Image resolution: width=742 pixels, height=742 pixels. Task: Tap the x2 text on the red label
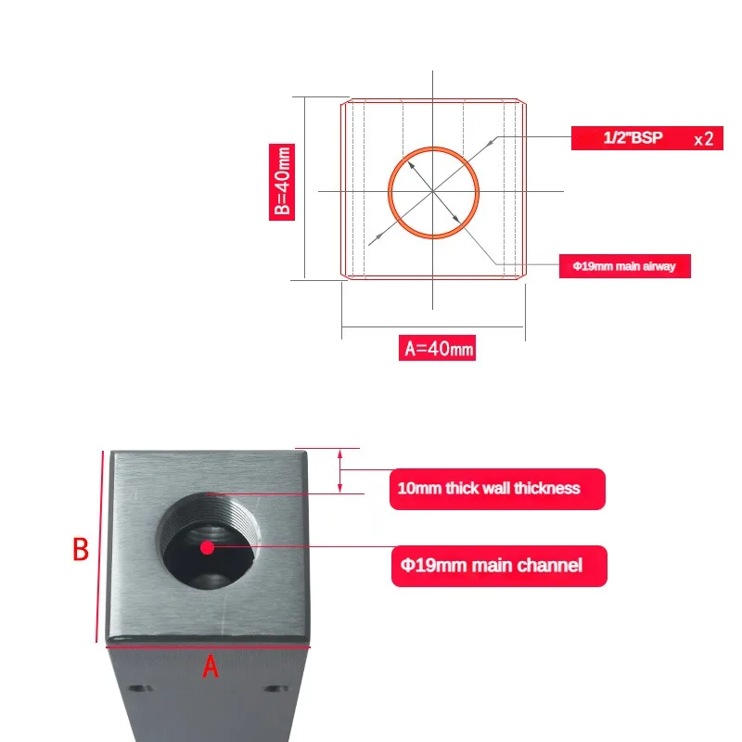pos(704,139)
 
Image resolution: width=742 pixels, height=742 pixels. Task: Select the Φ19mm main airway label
pos(624,266)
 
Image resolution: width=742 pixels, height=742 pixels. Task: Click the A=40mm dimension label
pos(437,348)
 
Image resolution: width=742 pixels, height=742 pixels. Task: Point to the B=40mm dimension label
pos(282,182)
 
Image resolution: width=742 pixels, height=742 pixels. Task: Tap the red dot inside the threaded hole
pos(207,547)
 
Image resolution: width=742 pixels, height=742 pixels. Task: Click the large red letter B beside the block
pos(81,549)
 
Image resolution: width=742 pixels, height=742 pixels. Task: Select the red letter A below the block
pos(211,667)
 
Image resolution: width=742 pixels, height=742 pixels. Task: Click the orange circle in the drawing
pos(389,193)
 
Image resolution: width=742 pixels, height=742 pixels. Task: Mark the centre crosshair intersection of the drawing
pos(432,191)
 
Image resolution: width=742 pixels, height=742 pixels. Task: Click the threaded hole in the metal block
pos(208,541)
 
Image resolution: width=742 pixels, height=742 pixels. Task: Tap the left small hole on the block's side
pos(140,688)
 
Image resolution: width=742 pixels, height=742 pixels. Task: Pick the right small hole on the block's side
pos(276,688)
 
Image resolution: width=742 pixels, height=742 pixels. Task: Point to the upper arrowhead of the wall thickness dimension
pos(339,454)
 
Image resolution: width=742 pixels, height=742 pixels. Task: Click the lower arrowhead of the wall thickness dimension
pos(339,488)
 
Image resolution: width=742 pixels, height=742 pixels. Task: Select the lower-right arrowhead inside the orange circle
pos(455,217)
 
